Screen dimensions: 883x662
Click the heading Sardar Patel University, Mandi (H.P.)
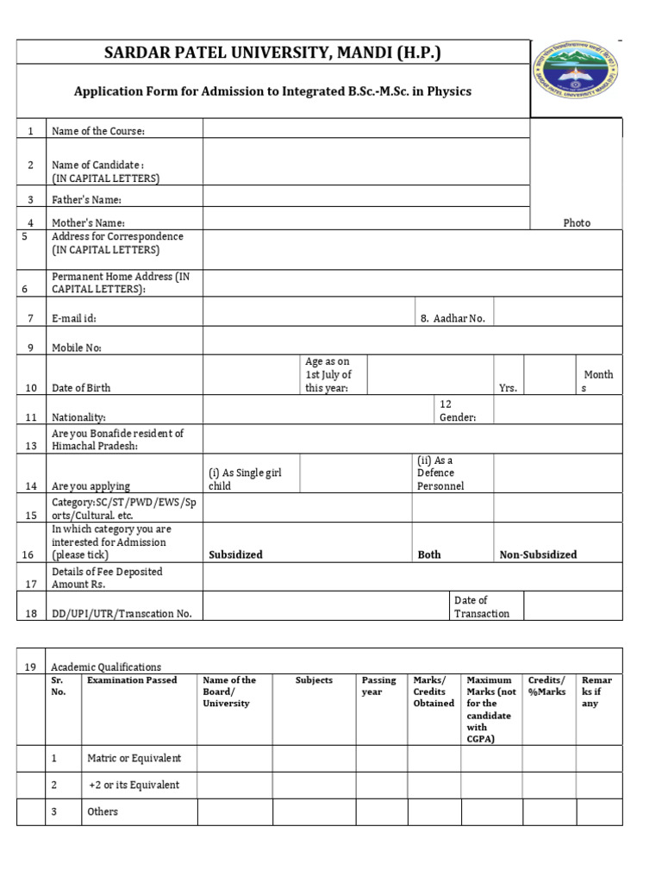272,53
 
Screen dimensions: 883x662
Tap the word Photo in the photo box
577,222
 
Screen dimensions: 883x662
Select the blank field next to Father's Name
366,196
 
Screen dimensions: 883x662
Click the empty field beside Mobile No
411,341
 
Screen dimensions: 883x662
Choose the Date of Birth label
81,388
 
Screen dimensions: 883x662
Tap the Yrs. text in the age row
508,388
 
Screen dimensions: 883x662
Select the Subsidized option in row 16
235,554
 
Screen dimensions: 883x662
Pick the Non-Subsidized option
538,554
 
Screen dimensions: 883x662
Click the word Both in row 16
428,554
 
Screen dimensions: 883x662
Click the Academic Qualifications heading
106,667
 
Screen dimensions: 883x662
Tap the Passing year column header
379,686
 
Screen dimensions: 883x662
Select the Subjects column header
314,680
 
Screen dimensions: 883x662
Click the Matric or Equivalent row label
134,758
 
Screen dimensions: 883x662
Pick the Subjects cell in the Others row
314,812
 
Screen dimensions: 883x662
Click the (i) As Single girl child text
245,479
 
